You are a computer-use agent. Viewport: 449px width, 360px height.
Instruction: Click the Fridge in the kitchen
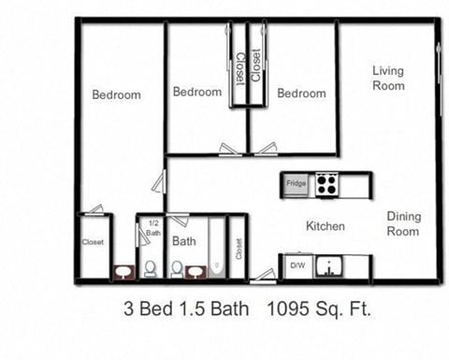296,184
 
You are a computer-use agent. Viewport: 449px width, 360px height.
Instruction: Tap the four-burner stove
326,184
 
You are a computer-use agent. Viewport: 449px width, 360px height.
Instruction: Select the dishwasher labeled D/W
297,267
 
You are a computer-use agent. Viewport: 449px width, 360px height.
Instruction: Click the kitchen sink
329,268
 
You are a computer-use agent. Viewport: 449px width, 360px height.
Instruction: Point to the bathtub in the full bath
216,249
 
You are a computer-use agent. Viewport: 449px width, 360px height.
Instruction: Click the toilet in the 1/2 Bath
150,269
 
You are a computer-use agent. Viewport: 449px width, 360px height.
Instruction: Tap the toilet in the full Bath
176,269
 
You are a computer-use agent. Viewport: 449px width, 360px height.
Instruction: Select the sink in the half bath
123,272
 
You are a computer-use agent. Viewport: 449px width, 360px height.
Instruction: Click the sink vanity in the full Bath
196,272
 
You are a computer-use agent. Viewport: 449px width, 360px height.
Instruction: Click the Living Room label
388,78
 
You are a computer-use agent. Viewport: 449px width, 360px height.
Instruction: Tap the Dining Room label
404,223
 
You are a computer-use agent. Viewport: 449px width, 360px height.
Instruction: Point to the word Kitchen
326,226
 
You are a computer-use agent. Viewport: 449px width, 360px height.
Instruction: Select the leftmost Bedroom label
116,94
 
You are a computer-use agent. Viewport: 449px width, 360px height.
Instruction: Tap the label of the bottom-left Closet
93,241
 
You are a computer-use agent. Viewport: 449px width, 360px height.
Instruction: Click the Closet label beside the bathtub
238,248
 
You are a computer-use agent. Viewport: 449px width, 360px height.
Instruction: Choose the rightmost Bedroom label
301,93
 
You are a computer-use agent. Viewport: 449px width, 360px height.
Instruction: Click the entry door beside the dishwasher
265,275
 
